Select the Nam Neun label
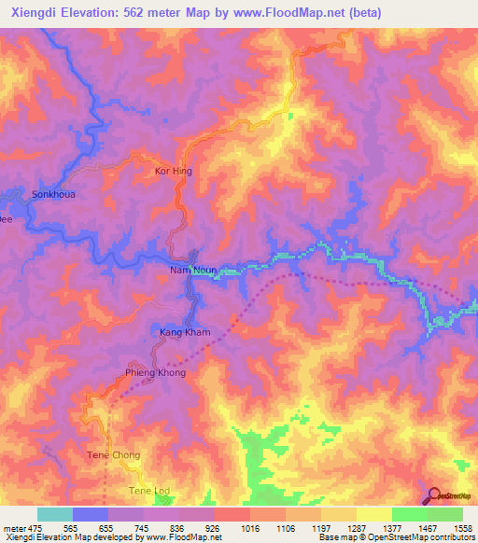(x=193, y=271)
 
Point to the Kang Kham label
(x=185, y=332)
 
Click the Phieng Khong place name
(x=156, y=372)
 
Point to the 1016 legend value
(x=248, y=528)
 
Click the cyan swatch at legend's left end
(x=55, y=514)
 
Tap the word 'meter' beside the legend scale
(x=14, y=528)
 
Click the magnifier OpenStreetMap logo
(x=433, y=494)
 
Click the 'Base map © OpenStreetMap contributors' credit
(x=397, y=538)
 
